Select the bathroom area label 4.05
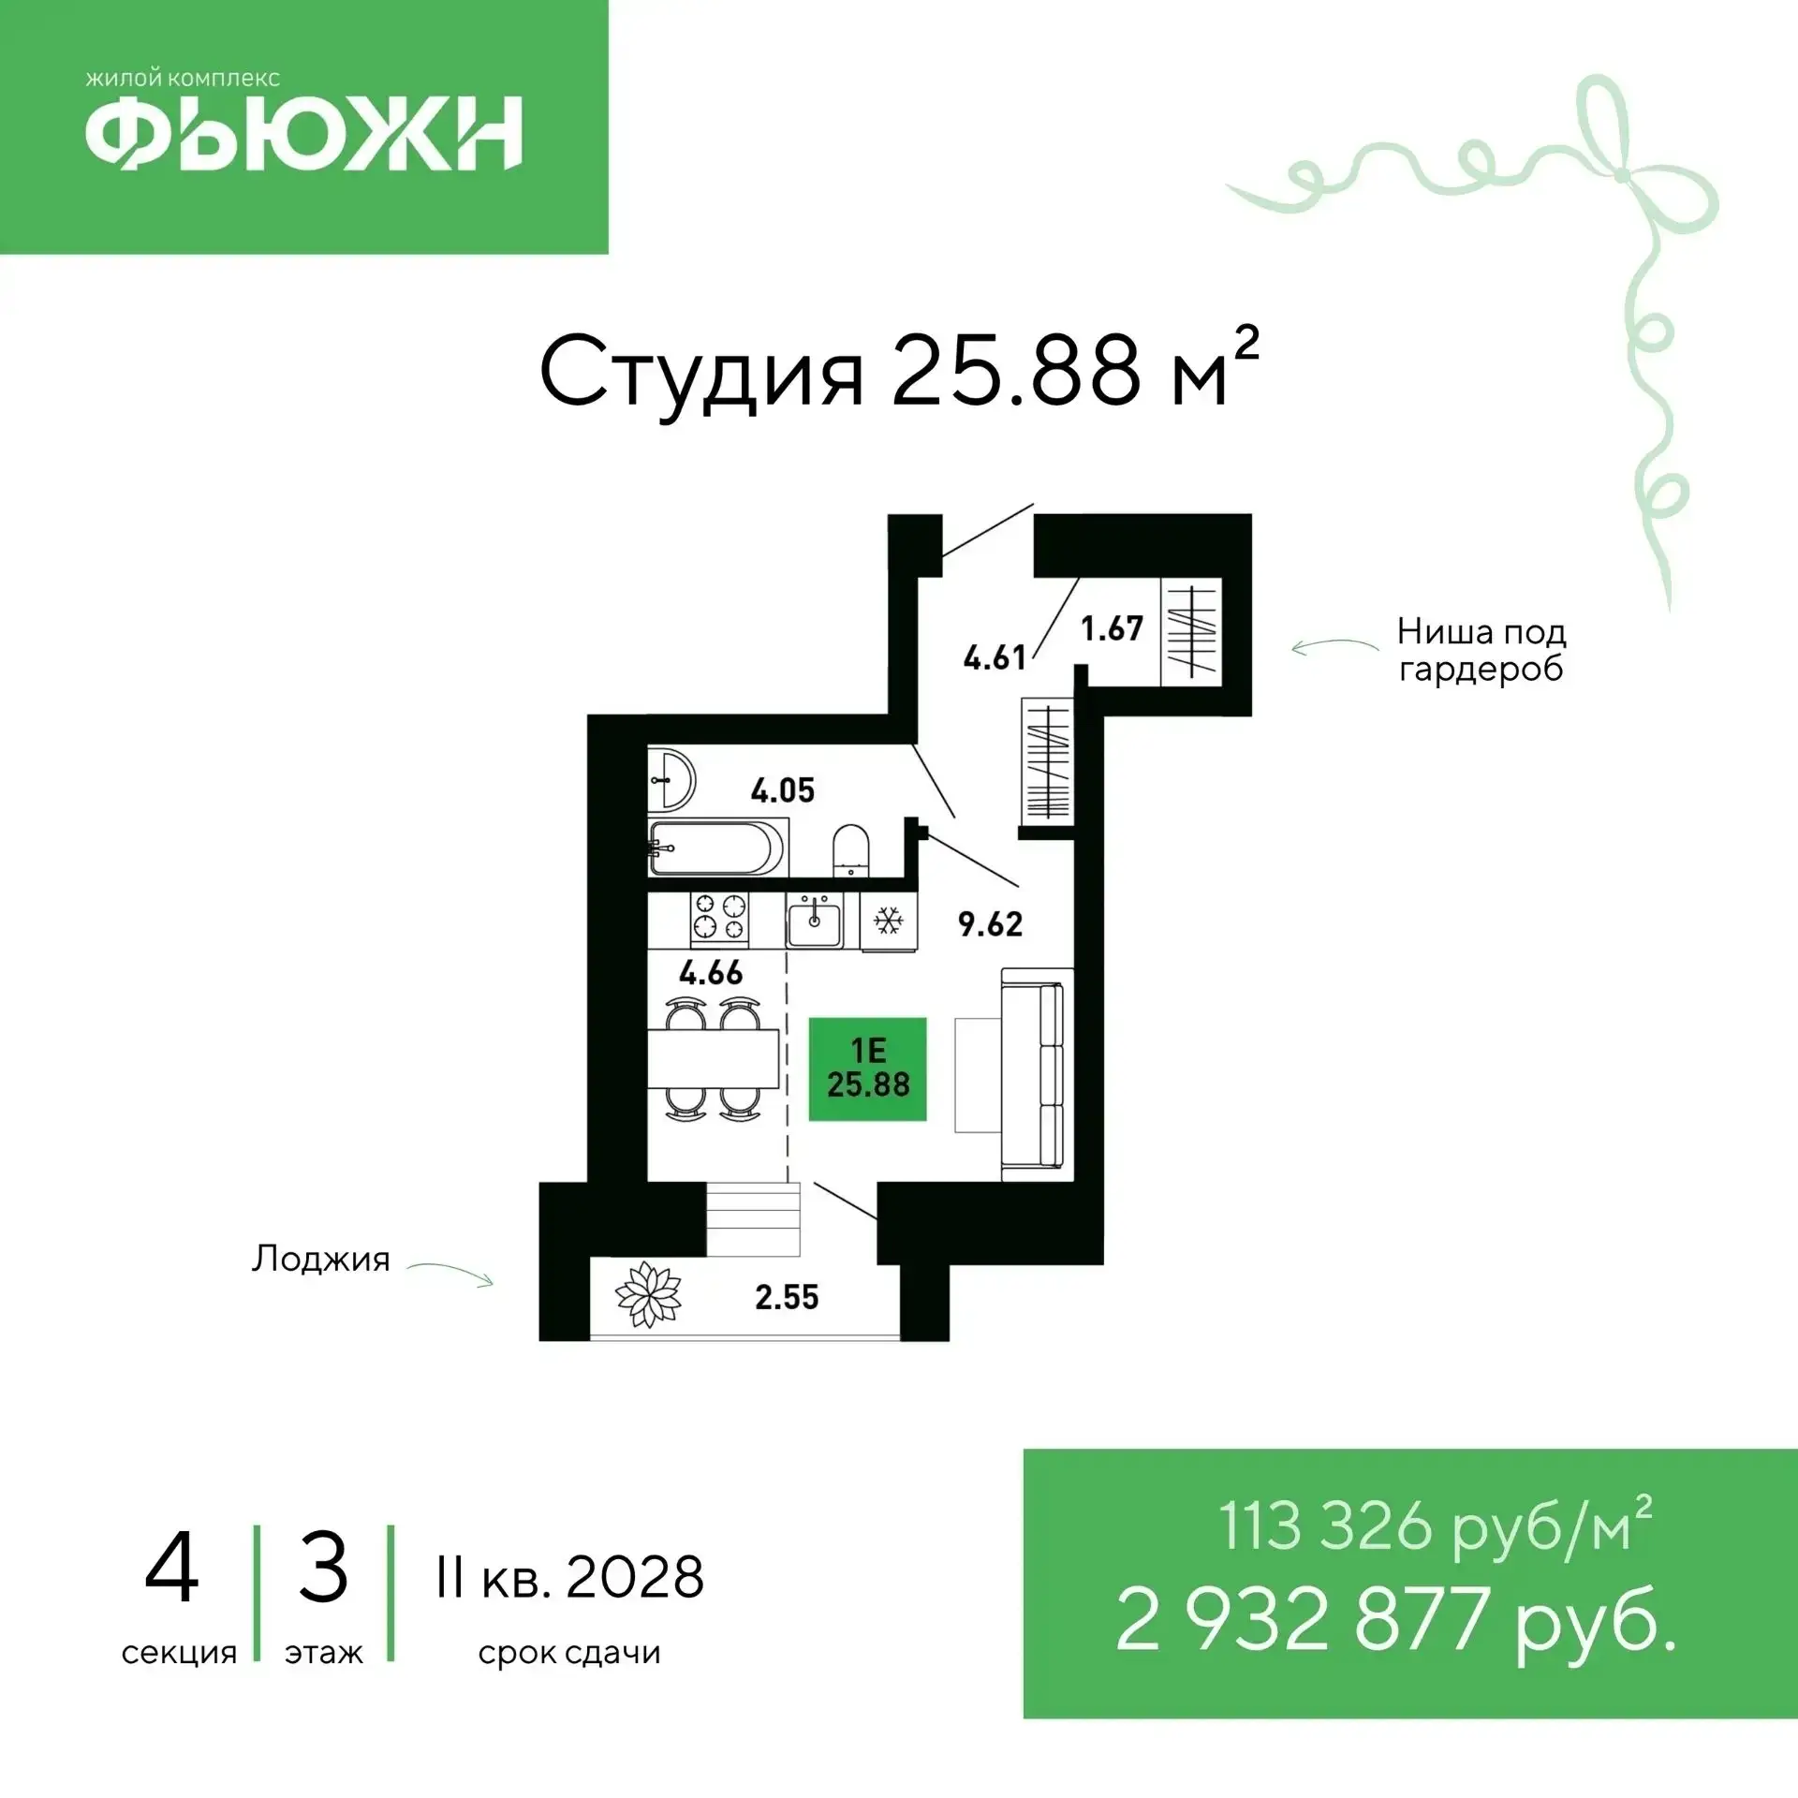pos(783,791)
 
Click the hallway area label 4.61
pos(995,657)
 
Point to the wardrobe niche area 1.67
pos(1112,628)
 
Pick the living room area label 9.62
pos(990,924)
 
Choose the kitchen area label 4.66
pos(711,973)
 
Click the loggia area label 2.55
pos(787,1297)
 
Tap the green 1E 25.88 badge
pos(868,1068)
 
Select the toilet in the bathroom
pos(850,850)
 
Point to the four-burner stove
pos(720,917)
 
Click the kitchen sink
pos(814,921)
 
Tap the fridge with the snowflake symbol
pos(888,921)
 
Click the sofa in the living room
pos(1036,1074)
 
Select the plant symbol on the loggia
pos(648,1294)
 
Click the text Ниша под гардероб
pos(1481,651)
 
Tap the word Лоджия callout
pos(320,1260)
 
